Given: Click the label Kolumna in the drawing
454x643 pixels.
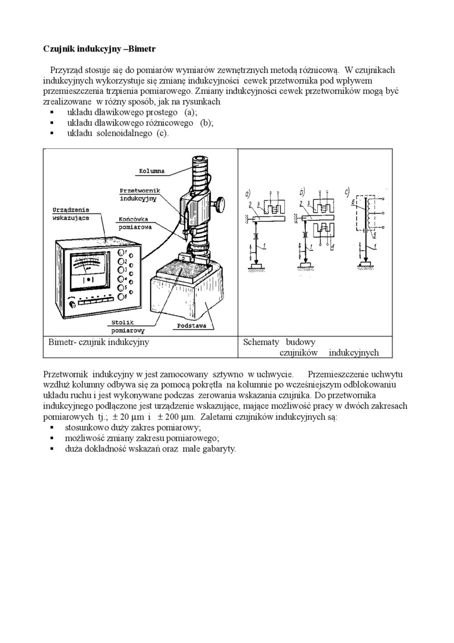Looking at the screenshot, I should click(x=152, y=170).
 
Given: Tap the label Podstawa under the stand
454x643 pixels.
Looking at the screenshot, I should click(x=191, y=326).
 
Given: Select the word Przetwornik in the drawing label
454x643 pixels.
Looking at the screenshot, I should click(x=140, y=190).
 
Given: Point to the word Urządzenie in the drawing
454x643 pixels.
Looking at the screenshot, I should click(x=71, y=210).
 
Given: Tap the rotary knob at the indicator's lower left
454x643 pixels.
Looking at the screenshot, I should click(x=73, y=304).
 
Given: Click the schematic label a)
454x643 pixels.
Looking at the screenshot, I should click(x=249, y=193).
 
